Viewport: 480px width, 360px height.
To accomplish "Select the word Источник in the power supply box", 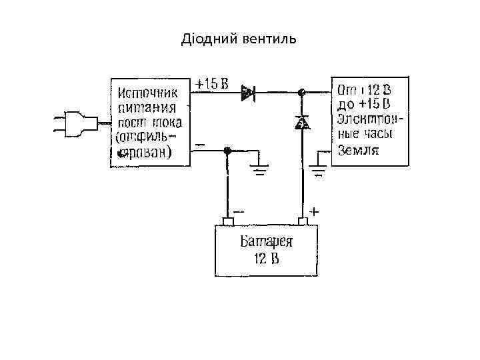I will point(148,92).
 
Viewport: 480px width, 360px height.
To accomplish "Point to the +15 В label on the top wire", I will point(212,84).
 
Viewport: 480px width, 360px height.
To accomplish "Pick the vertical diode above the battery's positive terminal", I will point(302,123).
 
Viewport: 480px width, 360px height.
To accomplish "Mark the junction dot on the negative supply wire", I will point(228,151).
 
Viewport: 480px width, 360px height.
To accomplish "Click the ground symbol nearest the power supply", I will point(259,169).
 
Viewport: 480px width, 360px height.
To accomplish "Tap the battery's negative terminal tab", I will point(228,221).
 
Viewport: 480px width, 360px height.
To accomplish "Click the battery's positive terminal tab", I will point(302,221).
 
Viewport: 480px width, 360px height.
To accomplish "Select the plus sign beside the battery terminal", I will point(313,211).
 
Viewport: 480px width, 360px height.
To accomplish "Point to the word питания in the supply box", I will point(147,107).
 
